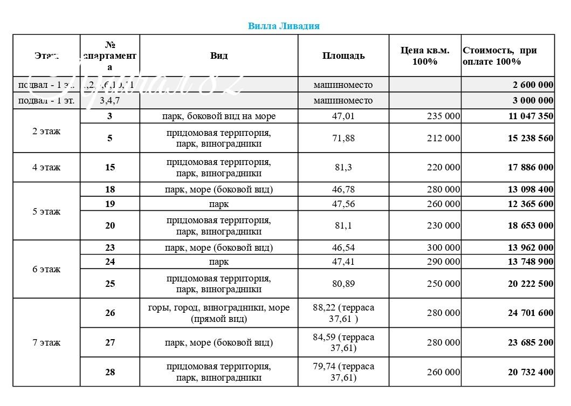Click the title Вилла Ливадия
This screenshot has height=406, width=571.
point(284,26)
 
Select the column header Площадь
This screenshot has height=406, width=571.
point(343,56)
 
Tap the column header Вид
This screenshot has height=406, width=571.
point(219,56)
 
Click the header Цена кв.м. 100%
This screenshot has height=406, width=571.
point(425,56)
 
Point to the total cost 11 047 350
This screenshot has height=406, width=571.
point(530,116)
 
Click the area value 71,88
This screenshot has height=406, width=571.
point(343,138)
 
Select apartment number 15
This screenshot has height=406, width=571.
point(110,167)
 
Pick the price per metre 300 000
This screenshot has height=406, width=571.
point(443,247)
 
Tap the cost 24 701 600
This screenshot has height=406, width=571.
point(530,313)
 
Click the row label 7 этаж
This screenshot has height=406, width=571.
point(46,342)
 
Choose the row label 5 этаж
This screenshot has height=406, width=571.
point(46,211)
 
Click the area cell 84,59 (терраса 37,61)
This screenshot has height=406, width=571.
point(343,342)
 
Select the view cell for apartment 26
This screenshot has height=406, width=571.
point(219,313)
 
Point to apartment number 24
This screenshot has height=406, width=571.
point(110,262)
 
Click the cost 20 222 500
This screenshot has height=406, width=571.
point(530,284)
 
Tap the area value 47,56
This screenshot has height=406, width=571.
point(343,204)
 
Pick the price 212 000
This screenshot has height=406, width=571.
point(443,138)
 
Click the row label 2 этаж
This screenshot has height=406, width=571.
point(46,131)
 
